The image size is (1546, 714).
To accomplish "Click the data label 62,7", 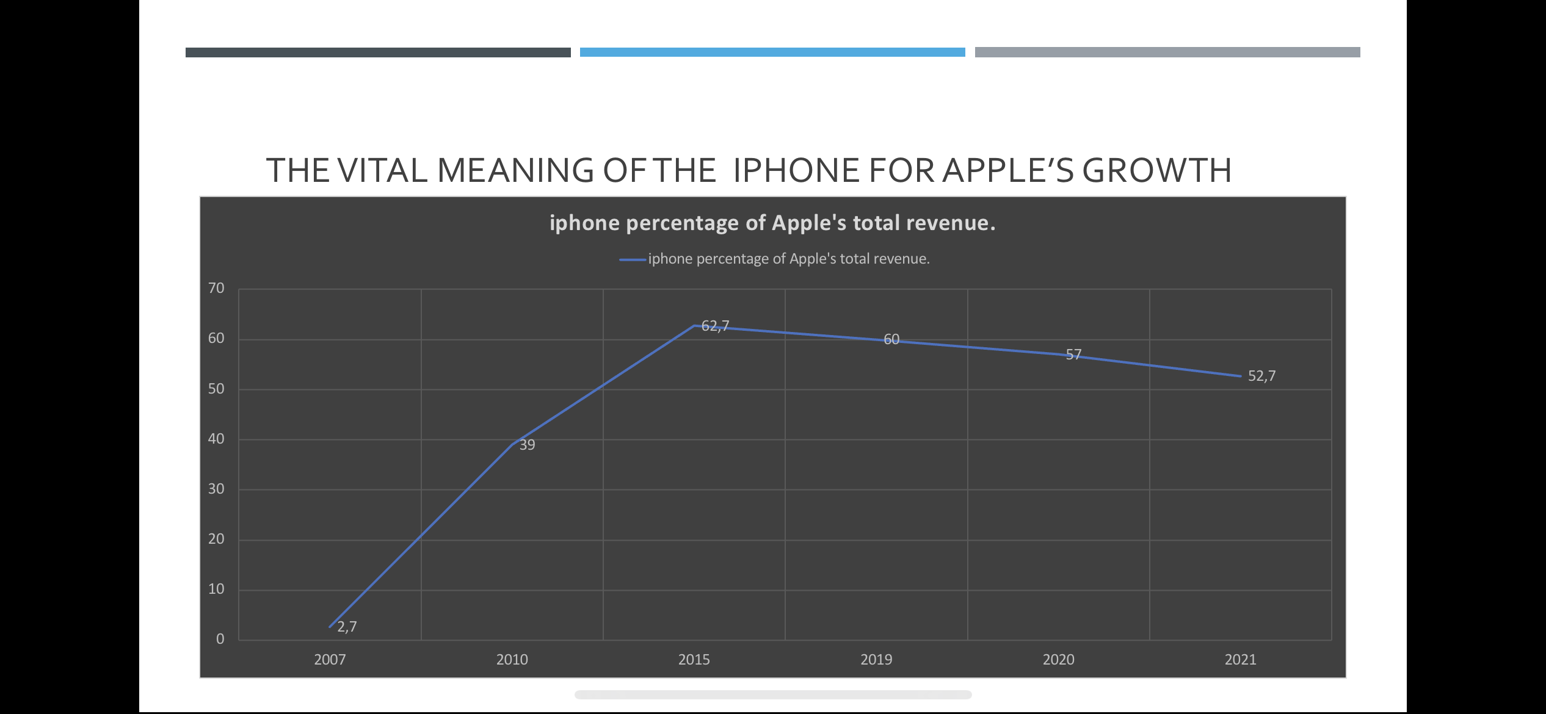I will pos(715,326).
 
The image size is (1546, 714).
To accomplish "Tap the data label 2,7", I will pos(347,627).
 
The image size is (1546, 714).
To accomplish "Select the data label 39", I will pos(527,445).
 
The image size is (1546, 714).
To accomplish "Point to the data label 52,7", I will pos(1261,376).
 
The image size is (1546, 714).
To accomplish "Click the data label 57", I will pos(1073,355).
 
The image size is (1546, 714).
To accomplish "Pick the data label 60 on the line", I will pos(891,339).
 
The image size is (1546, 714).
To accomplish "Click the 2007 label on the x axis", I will pos(330,660).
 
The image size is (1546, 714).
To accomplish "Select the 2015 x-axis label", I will pos(694,660).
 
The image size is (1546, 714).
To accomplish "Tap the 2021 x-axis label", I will pos(1240,660).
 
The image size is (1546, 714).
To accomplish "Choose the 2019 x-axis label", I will pos(876,660).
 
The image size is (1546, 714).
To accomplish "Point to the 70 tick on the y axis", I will pos(216,288).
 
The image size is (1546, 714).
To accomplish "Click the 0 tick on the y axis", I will pos(220,639).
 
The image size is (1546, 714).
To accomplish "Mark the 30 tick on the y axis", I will pos(216,489).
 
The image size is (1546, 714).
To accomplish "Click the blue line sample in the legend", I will pos(633,259).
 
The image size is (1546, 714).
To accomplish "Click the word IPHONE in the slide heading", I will pos(796,170).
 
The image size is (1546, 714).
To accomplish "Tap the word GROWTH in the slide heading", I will pos(1156,170).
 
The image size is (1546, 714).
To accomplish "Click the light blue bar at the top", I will pos(772,52).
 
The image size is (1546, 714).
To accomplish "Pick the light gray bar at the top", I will pos(1167,52).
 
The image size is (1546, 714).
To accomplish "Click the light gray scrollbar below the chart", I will pos(773,694).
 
